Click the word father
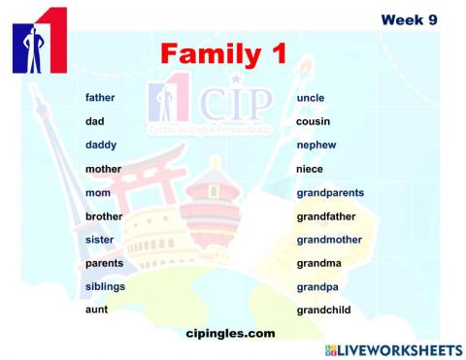pos(100,98)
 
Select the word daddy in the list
pos(101,146)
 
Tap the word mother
pos(103,169)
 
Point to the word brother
pos(104,216)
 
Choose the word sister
pos(100,240)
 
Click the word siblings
pos(105,286)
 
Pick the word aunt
pos(96,310)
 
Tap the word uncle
pos(311,98)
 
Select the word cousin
pos(313,122)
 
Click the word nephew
pos(316,146)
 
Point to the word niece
pos(310,169)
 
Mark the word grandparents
pos(330,193)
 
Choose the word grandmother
pos(329,240)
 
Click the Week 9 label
pos(408,18)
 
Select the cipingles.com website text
pos(230,333)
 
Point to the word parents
pos(104,263)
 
